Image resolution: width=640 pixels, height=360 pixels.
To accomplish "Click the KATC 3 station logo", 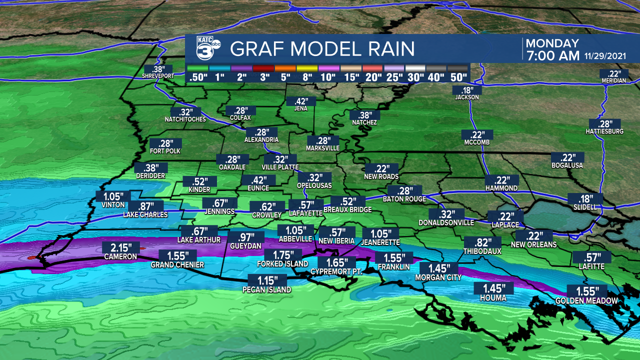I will [205, 49].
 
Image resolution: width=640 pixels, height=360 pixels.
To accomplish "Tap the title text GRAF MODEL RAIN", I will [322, 49].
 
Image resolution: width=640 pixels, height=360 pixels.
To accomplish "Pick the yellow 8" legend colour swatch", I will [307, 68].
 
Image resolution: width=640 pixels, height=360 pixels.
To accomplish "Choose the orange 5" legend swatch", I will [285, 68].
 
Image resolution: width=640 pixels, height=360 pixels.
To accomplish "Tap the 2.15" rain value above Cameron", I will [120, 247].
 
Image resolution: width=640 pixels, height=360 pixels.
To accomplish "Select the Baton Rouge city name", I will [404, 199].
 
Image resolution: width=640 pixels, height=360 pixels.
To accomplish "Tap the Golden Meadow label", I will [586, 300].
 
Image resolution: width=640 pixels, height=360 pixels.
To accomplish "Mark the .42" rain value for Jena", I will [301, 101].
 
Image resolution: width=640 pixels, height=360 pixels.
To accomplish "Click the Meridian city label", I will [613, 80].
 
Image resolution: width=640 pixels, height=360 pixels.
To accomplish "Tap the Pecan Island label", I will [266, 289].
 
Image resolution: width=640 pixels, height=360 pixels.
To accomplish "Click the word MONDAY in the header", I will [552, 43].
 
